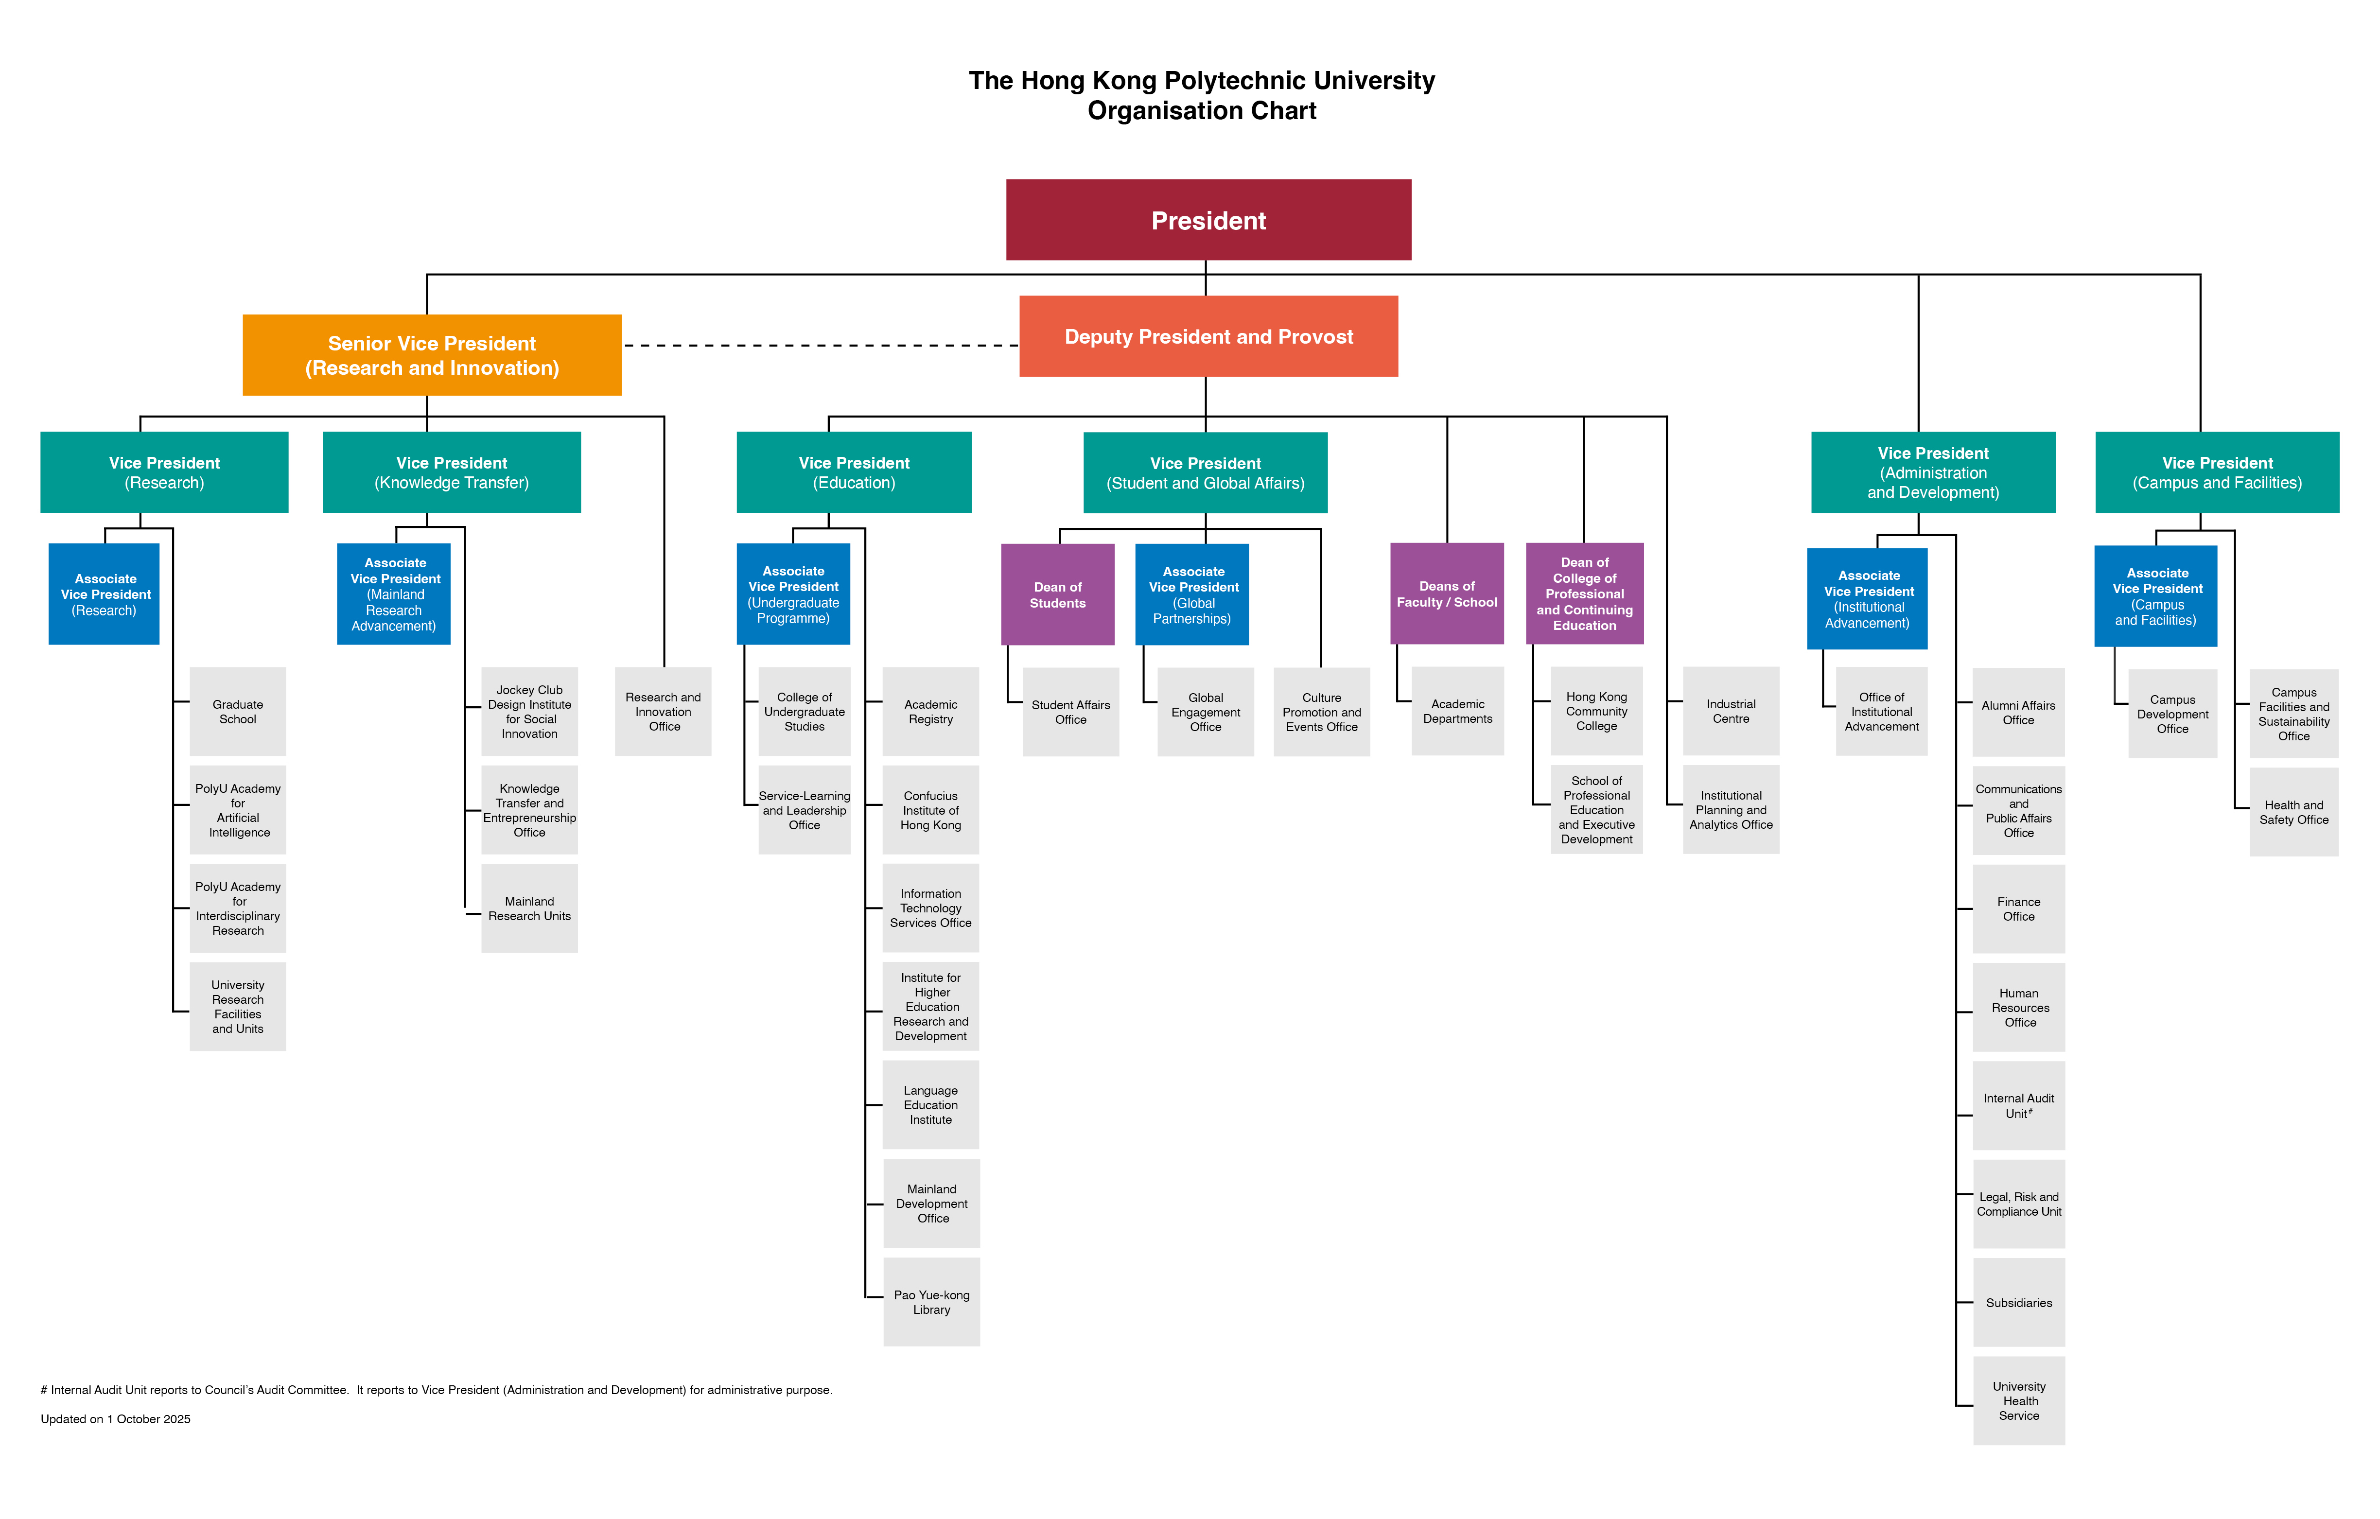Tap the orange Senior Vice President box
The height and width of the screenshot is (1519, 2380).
(432, 355)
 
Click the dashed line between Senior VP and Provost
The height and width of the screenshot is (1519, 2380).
(821, 345)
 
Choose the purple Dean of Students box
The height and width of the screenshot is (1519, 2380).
(1058, 594)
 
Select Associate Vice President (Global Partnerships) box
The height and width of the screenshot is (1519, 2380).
(1192, 594)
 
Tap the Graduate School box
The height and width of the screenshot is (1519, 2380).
(237, 712)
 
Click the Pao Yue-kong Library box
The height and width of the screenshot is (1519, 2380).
(931, 1302)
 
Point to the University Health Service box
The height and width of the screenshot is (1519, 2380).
(2018, 1400)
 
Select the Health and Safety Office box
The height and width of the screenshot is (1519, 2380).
(2293, 811)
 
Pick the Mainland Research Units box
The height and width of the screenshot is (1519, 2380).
(529, 908)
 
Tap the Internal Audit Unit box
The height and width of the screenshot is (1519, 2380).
(2018, 1105)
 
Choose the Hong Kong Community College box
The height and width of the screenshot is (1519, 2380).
(1596, 711)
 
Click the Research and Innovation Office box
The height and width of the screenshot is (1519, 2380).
(663, 712)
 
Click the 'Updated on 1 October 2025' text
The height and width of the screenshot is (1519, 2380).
(116, 1418)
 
